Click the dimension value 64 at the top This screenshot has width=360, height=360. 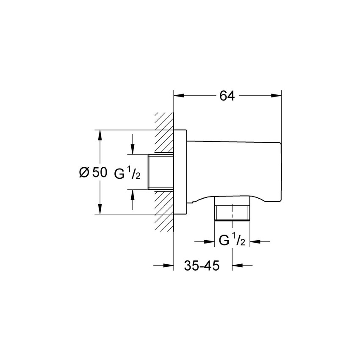(x=227, y=96)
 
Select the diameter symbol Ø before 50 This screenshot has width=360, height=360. (x=84, y=172)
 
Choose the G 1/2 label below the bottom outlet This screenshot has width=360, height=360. (x=231, y=241)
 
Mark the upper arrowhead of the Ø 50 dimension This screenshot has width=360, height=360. (x=100, y=135)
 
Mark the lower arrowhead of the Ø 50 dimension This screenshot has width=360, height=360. (x=100, y=209)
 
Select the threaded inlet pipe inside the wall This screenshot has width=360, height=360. (x=161, y=172)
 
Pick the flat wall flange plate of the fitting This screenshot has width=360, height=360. (x=180, y=172)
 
